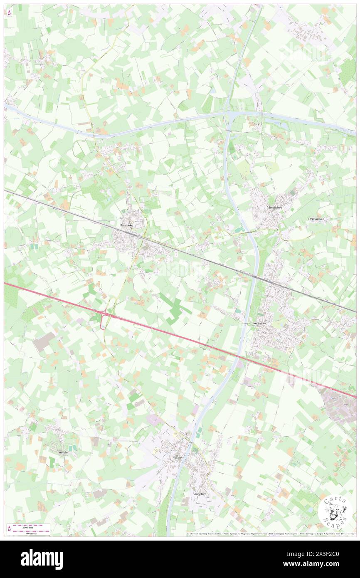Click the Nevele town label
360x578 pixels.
(177, 457)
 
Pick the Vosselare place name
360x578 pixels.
(200, 493)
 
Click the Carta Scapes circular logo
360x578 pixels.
(335, 512)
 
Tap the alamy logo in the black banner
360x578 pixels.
(42, 559)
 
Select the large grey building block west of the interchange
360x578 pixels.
(44, 341)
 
